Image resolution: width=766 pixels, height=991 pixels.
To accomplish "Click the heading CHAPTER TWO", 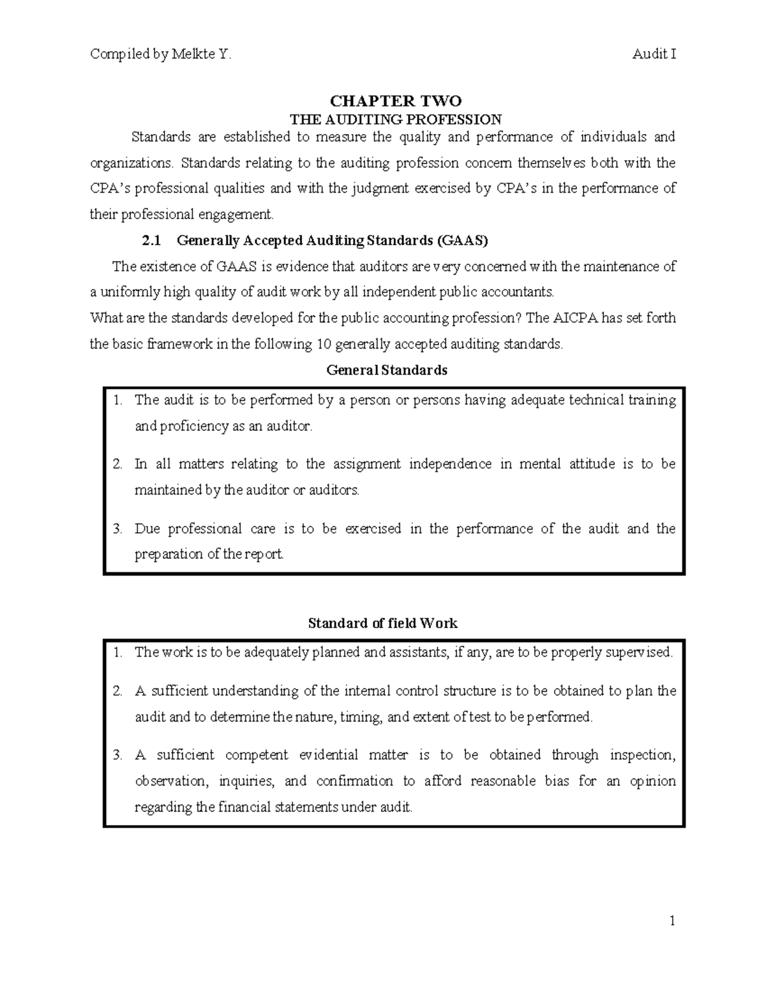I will pos(395,101).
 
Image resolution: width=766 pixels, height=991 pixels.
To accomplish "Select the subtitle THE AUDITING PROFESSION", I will pos(396,119).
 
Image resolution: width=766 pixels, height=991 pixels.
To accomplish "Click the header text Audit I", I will pos(654,54).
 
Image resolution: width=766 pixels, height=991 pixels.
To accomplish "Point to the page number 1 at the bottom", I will pos(672,921).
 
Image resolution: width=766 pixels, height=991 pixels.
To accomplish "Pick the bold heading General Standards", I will pos(387,370).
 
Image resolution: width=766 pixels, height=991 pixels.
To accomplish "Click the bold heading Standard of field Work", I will pos(382,623).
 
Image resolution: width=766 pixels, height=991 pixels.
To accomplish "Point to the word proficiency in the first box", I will pos(191,426).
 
